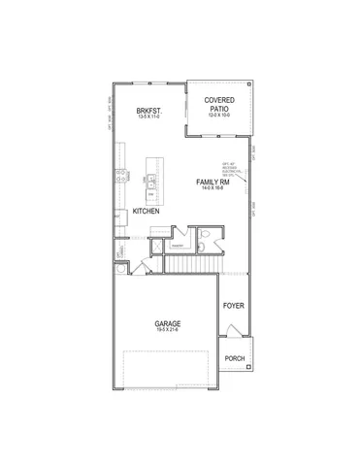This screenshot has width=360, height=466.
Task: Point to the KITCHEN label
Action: (146, 211)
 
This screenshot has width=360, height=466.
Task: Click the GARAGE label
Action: (169, 323)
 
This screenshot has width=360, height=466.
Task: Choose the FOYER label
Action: (233, 306)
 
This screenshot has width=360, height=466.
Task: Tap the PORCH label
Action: (235, 359)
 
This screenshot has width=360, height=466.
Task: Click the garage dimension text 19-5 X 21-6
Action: (169, 332)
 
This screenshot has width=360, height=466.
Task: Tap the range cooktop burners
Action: (119, 177)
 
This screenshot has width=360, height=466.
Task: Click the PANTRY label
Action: (178, 246)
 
